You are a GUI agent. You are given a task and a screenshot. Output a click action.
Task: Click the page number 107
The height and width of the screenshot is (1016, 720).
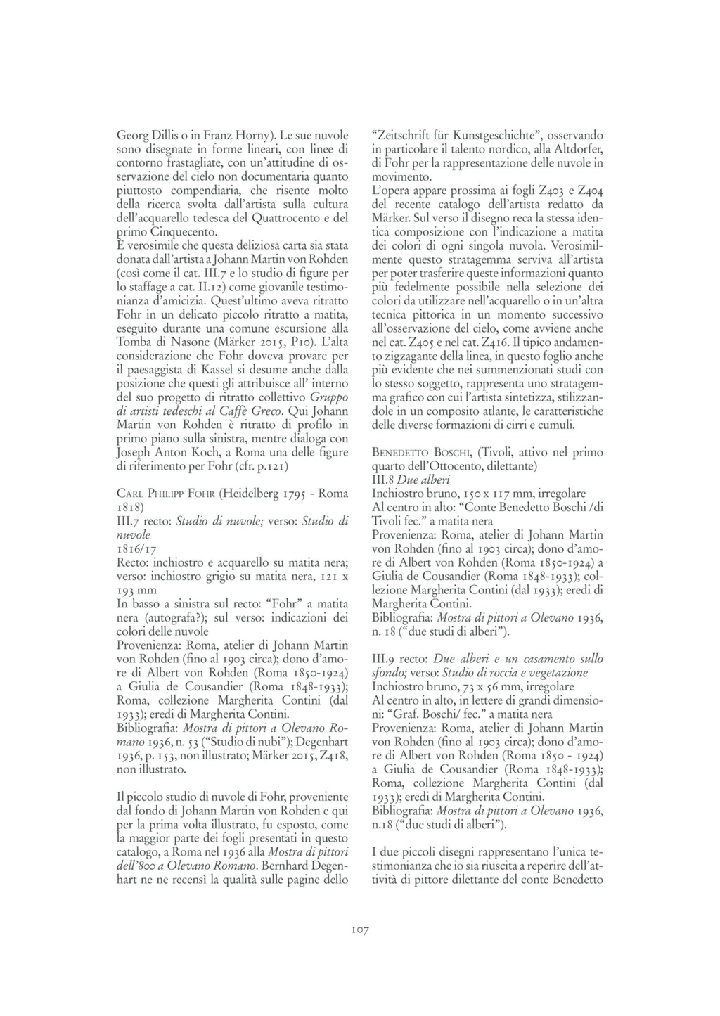[360, 930]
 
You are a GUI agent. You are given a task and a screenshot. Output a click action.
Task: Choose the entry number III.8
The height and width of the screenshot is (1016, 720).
[382, 479]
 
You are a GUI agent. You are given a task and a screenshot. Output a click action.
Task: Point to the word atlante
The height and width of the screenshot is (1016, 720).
[489, 411]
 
